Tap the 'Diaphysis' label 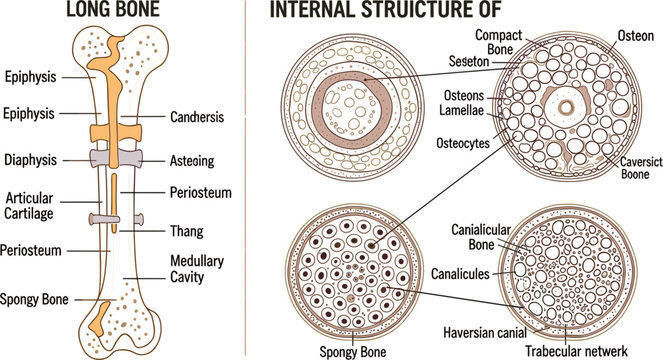click(31, 160)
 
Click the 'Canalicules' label click(460, 273)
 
